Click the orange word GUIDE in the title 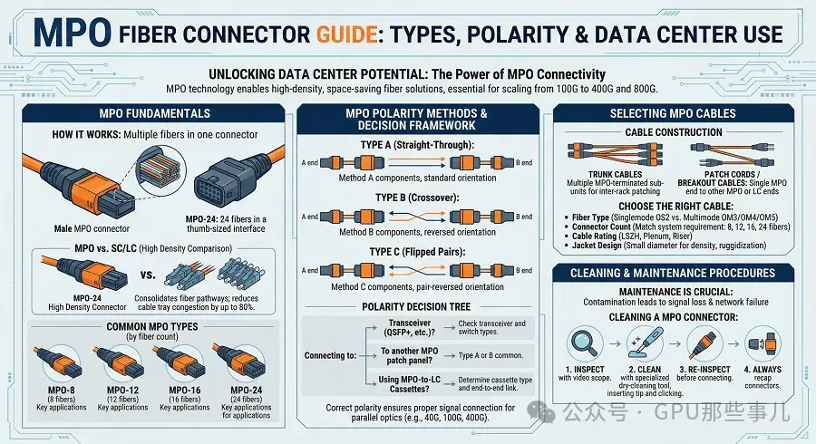click(x=346, y=34)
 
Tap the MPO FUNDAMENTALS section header click(x=154, y=113)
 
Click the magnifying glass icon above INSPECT click(x=584, y=343)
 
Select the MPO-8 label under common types click(x=62, y=390)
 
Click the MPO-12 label click(x=122, y=390)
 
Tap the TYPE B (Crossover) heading click(x=417, y=198)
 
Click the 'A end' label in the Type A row click(x=310, y=163)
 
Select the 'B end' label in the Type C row click(x=524, y=270)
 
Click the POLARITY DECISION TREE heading click(x=416, y=307)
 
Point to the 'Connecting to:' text click(x=330, y=355)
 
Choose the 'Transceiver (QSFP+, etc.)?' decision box click(x=410, y=327)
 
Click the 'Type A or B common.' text click(x=491, y=355)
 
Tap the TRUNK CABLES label click(x=615, y=174)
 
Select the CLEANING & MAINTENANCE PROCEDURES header click(x=673, y=273)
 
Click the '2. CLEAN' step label click(x=645, y=369)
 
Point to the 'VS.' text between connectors click(x=148, y=275)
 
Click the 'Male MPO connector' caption click(x=92, y=228)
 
